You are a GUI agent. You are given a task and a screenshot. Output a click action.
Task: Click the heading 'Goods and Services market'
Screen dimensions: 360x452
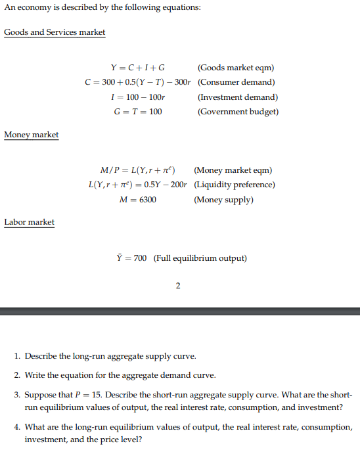tap(55, 32)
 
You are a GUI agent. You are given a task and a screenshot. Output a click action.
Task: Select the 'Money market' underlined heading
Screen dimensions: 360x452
tap(32, 135)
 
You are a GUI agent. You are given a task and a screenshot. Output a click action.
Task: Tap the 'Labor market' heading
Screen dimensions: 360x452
tap(30, 222)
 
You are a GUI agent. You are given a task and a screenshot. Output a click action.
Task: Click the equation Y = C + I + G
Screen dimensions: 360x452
tap(138, 68)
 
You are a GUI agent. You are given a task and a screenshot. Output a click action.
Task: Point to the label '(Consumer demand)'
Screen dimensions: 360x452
tap(236, 82)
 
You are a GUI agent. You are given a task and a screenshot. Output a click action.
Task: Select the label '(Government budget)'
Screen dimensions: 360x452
tap(238, 111)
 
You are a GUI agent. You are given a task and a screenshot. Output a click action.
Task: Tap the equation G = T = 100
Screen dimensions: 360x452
tap(138, 111)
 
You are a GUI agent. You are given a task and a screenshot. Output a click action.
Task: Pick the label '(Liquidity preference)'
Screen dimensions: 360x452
tap(235, 185)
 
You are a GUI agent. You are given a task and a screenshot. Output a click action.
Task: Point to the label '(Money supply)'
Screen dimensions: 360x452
tap(223, 199)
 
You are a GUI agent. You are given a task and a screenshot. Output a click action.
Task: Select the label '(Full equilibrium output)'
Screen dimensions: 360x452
tap(200, 258)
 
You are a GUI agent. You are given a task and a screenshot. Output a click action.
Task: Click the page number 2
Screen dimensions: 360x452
tap(177, 286)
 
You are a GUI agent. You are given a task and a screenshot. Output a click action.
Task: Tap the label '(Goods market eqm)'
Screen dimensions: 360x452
tap(236, 68)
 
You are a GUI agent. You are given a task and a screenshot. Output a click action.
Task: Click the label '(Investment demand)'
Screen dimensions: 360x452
tap(237, 97)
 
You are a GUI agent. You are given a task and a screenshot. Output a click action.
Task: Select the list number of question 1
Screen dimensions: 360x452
tap(16, 356)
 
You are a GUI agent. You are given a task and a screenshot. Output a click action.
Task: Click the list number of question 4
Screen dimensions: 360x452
tap(16, 427)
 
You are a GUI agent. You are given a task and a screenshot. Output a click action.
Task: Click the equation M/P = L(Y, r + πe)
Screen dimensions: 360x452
tap(137, 170)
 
